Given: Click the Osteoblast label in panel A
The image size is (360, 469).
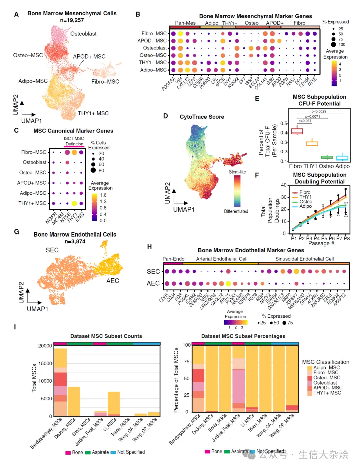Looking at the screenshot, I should click(x=83, y=34).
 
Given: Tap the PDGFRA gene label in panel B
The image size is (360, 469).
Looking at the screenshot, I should click(x=169, y=84).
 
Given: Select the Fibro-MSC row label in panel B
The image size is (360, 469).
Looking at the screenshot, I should click(x=154, y=33).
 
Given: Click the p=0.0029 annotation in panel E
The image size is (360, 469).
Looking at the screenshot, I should click(x=319, y=111).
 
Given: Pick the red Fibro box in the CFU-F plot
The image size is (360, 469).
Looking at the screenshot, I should click(x=297, y=131).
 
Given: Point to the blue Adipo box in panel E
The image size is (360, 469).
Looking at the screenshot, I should click(x=342, y=158).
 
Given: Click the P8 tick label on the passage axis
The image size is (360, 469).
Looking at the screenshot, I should click(x=347, y=238).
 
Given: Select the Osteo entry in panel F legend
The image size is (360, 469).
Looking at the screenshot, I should click(x=306, y=202).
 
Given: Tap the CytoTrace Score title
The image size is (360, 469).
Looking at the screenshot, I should click(x=202, y=117).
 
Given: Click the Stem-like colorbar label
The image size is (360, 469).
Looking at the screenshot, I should click(x=237, y=172).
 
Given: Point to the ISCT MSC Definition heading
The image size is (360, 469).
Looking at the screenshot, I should click(x=74, y=141).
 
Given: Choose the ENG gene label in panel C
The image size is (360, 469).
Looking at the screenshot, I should click(x=80, y=217).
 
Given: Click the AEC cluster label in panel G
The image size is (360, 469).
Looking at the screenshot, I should click(x=113, y=281).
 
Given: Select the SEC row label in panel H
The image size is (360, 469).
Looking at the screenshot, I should click(x=153, y=272).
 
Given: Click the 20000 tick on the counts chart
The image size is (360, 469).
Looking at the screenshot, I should click(x=45, y=346).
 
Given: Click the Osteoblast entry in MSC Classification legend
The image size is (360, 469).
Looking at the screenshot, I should click(x=325, y=383).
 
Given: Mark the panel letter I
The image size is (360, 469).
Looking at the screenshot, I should click(x=15, y=327).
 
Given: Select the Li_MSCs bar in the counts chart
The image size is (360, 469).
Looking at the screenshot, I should click(x=114, y=404).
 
